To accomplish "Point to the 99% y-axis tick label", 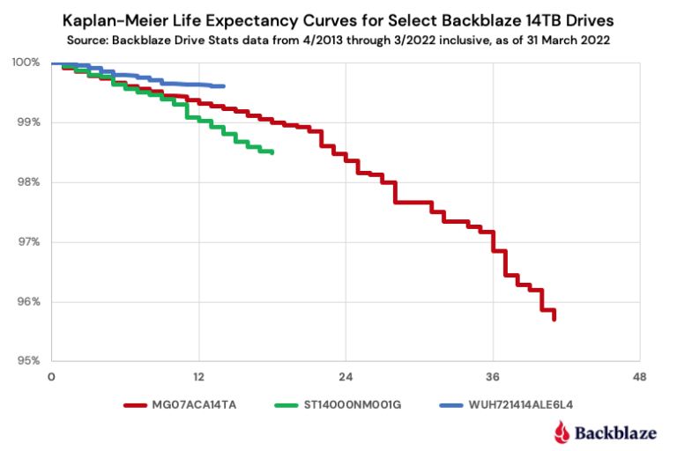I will (x=27, y=122).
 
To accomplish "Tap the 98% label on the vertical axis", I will (x=27, y=182).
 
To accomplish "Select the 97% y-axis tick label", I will (x=27, y=242).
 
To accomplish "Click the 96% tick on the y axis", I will (x=27, y=302).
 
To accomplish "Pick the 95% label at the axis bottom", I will (x=27, y=361).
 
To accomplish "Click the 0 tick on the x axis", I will (x=52, y=377).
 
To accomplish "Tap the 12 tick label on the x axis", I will (x=199, y=377).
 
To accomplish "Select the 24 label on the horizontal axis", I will (x=346, y=377).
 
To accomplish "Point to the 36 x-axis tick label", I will (x=494, y=377).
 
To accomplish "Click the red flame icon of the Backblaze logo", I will (x=562, y=431).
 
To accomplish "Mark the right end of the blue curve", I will (x=224, y=86).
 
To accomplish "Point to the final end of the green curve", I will (x=272, y=152).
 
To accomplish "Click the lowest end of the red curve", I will (x=554, y=319).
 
